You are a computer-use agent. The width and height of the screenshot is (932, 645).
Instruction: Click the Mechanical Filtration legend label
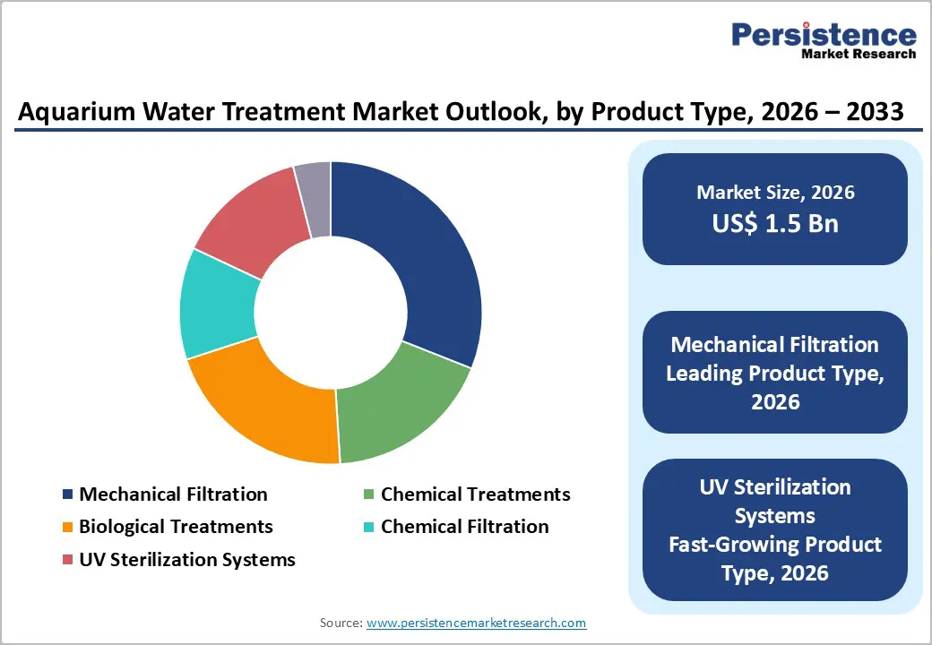coord(173,494)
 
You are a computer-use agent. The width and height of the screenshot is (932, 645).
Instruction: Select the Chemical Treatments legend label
coord(475,494)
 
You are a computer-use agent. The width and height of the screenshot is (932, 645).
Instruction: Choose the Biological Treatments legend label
coord(176,527)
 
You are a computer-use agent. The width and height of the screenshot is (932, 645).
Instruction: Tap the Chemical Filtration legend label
coord(464,527)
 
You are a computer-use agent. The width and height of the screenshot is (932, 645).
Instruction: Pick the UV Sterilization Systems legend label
coord(186,560)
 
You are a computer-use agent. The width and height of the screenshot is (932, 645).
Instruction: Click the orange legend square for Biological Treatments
coord(68,528)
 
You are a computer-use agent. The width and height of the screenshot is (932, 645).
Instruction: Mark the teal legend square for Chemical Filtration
coord(369,528)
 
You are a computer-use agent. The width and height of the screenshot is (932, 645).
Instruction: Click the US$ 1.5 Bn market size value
coord(775,223)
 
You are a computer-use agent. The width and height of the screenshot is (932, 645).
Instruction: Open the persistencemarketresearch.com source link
coord(476,623)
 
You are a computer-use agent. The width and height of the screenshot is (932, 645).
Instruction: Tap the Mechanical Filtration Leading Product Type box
coord(775,372)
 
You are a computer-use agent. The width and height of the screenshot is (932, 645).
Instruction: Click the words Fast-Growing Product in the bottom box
coord(775,545)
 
